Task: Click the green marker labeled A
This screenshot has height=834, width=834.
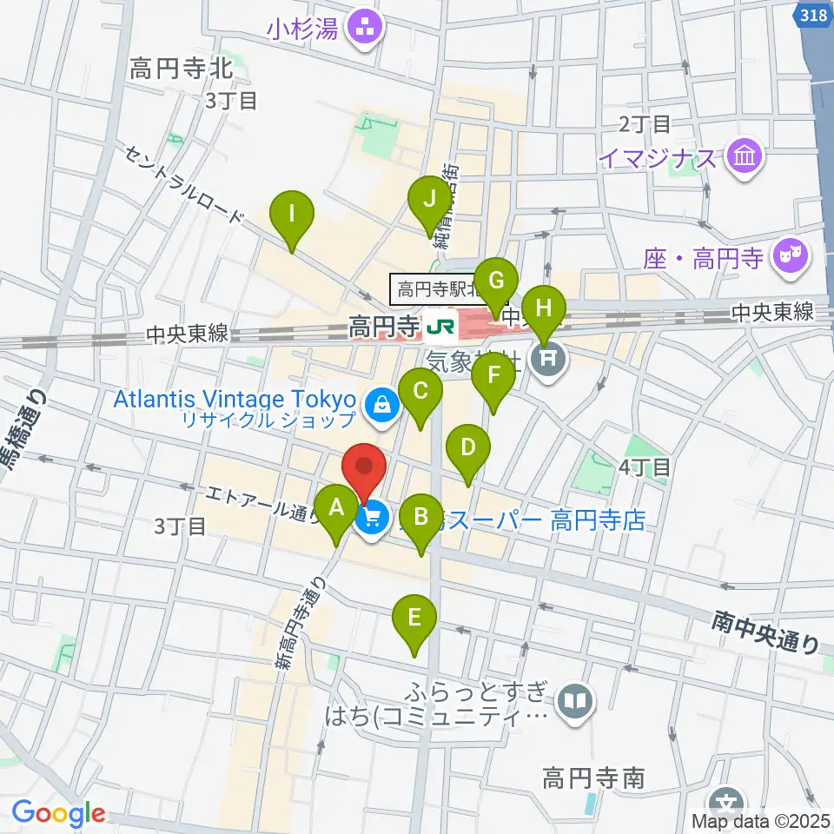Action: [337, 509]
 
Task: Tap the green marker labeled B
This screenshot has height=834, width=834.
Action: [421, 518]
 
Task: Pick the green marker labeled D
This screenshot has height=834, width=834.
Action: [468, 449]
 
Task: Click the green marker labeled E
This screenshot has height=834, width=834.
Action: [414, 619]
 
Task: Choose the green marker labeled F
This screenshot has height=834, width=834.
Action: [493, 377]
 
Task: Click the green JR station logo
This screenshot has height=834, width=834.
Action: [438, 328]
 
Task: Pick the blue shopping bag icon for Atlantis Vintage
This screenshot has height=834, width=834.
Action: [381, 404]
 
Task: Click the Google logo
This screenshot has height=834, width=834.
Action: [58, 813]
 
